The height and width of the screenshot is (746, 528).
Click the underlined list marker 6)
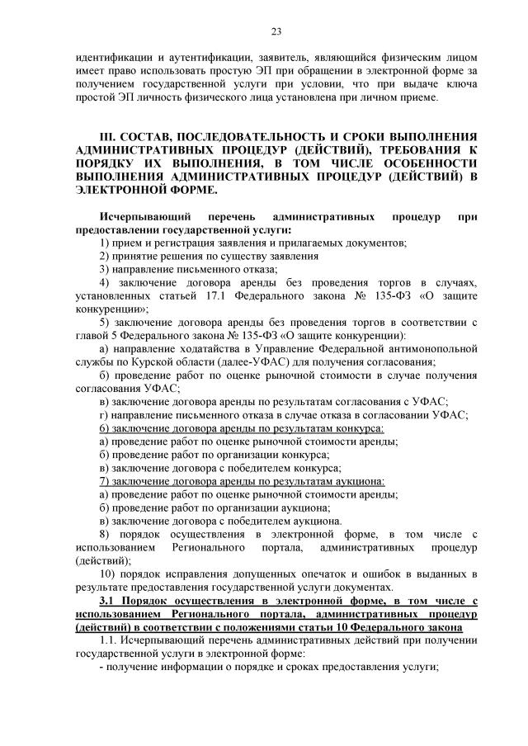tap(106, 429)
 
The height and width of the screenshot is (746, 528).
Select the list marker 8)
tap(106, 535)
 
